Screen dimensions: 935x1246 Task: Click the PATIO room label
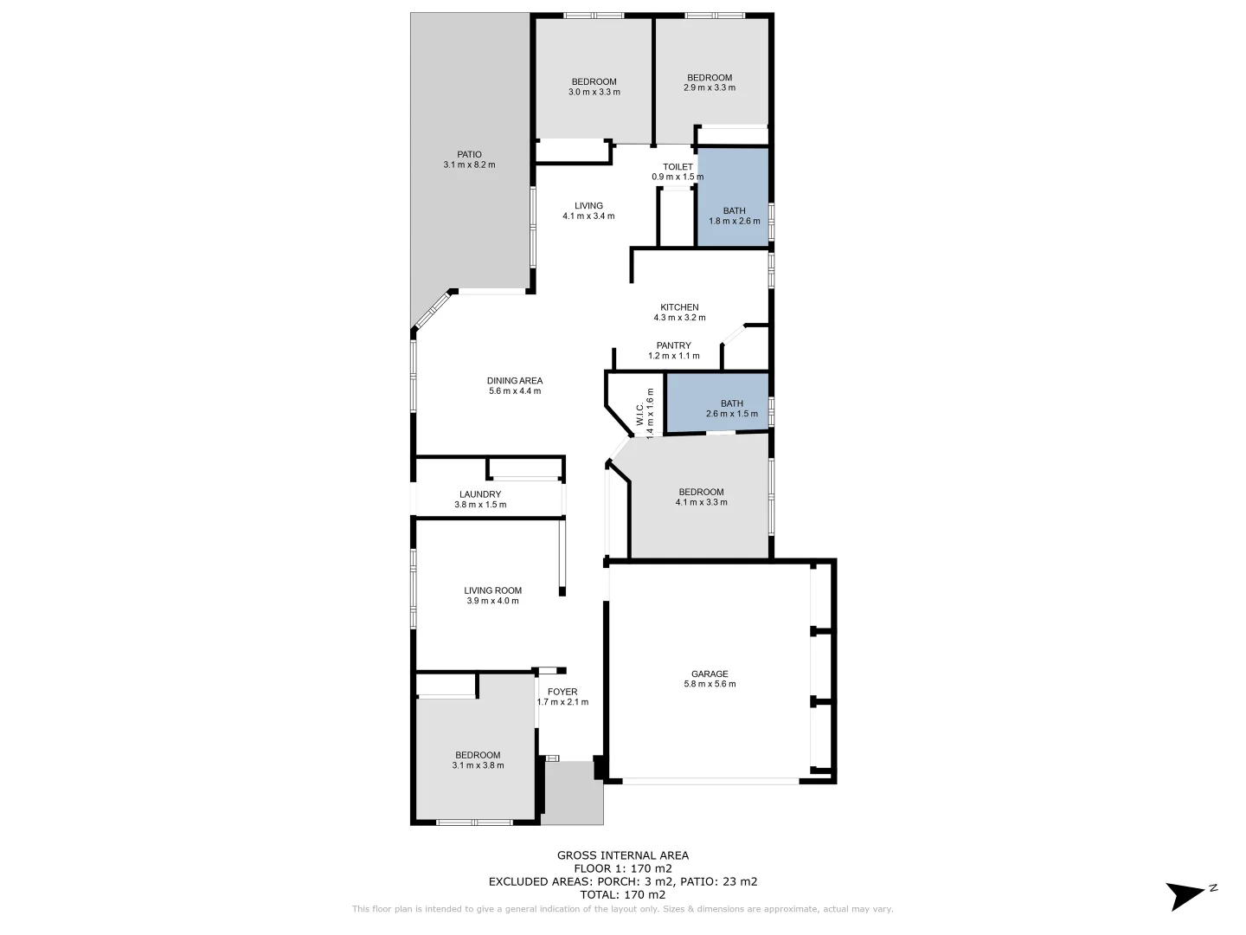pyautogui.click(x=469, y=155)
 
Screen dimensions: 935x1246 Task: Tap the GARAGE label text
pyautogui.click(x=710, y=674)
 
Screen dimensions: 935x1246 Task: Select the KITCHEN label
pyautogui.click(x=679, y=307)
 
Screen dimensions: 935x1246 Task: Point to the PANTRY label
pyautogui.click(x=673, y=345)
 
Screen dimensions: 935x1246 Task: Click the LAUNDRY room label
pyautogui.click(x=480, y=494)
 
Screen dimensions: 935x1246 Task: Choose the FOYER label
pyautogui.click(x=562, y=692)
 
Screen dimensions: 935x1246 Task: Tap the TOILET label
pyautogui.click(x=678, y=167)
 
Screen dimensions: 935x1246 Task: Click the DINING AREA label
pyautogui.click(x=515, y=381)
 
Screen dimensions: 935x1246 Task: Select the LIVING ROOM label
pyautogui.click(x=492, y=590)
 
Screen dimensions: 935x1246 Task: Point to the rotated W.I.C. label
pyautogui.click(x=640, y=411)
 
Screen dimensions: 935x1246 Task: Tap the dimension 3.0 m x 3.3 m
pyautogui.click(x=594, y=92)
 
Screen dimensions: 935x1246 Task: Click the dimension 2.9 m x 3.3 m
pyautogui.click(x=710, y=87)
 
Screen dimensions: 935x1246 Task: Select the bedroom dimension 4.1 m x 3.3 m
pyautogui.click(x=701, y=502)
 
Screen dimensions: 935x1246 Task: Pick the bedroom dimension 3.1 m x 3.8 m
pyautogui.click(x=478, y=765)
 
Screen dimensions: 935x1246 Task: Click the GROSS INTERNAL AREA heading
pyautogui.click(x=623, y=855)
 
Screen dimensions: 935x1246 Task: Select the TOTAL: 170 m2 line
pyautogui.click(x=623, y=894)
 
